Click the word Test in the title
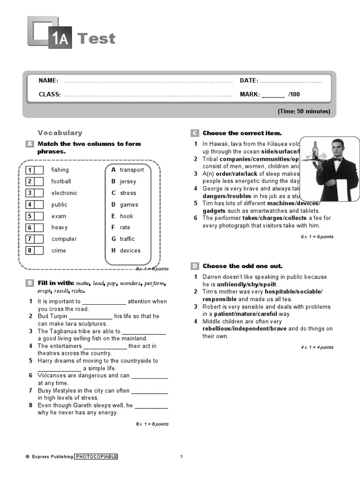96,38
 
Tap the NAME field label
48,81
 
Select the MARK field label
250,94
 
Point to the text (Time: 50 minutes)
304,111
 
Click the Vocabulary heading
60,133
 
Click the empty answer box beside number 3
39,193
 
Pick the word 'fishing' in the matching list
60,170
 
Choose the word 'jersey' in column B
128,181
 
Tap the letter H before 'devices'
113,251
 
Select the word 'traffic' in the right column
127,239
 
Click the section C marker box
195,133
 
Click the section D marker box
195,266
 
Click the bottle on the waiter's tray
315,150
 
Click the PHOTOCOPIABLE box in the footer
96,457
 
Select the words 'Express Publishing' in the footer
52,457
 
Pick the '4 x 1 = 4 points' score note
317,347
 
